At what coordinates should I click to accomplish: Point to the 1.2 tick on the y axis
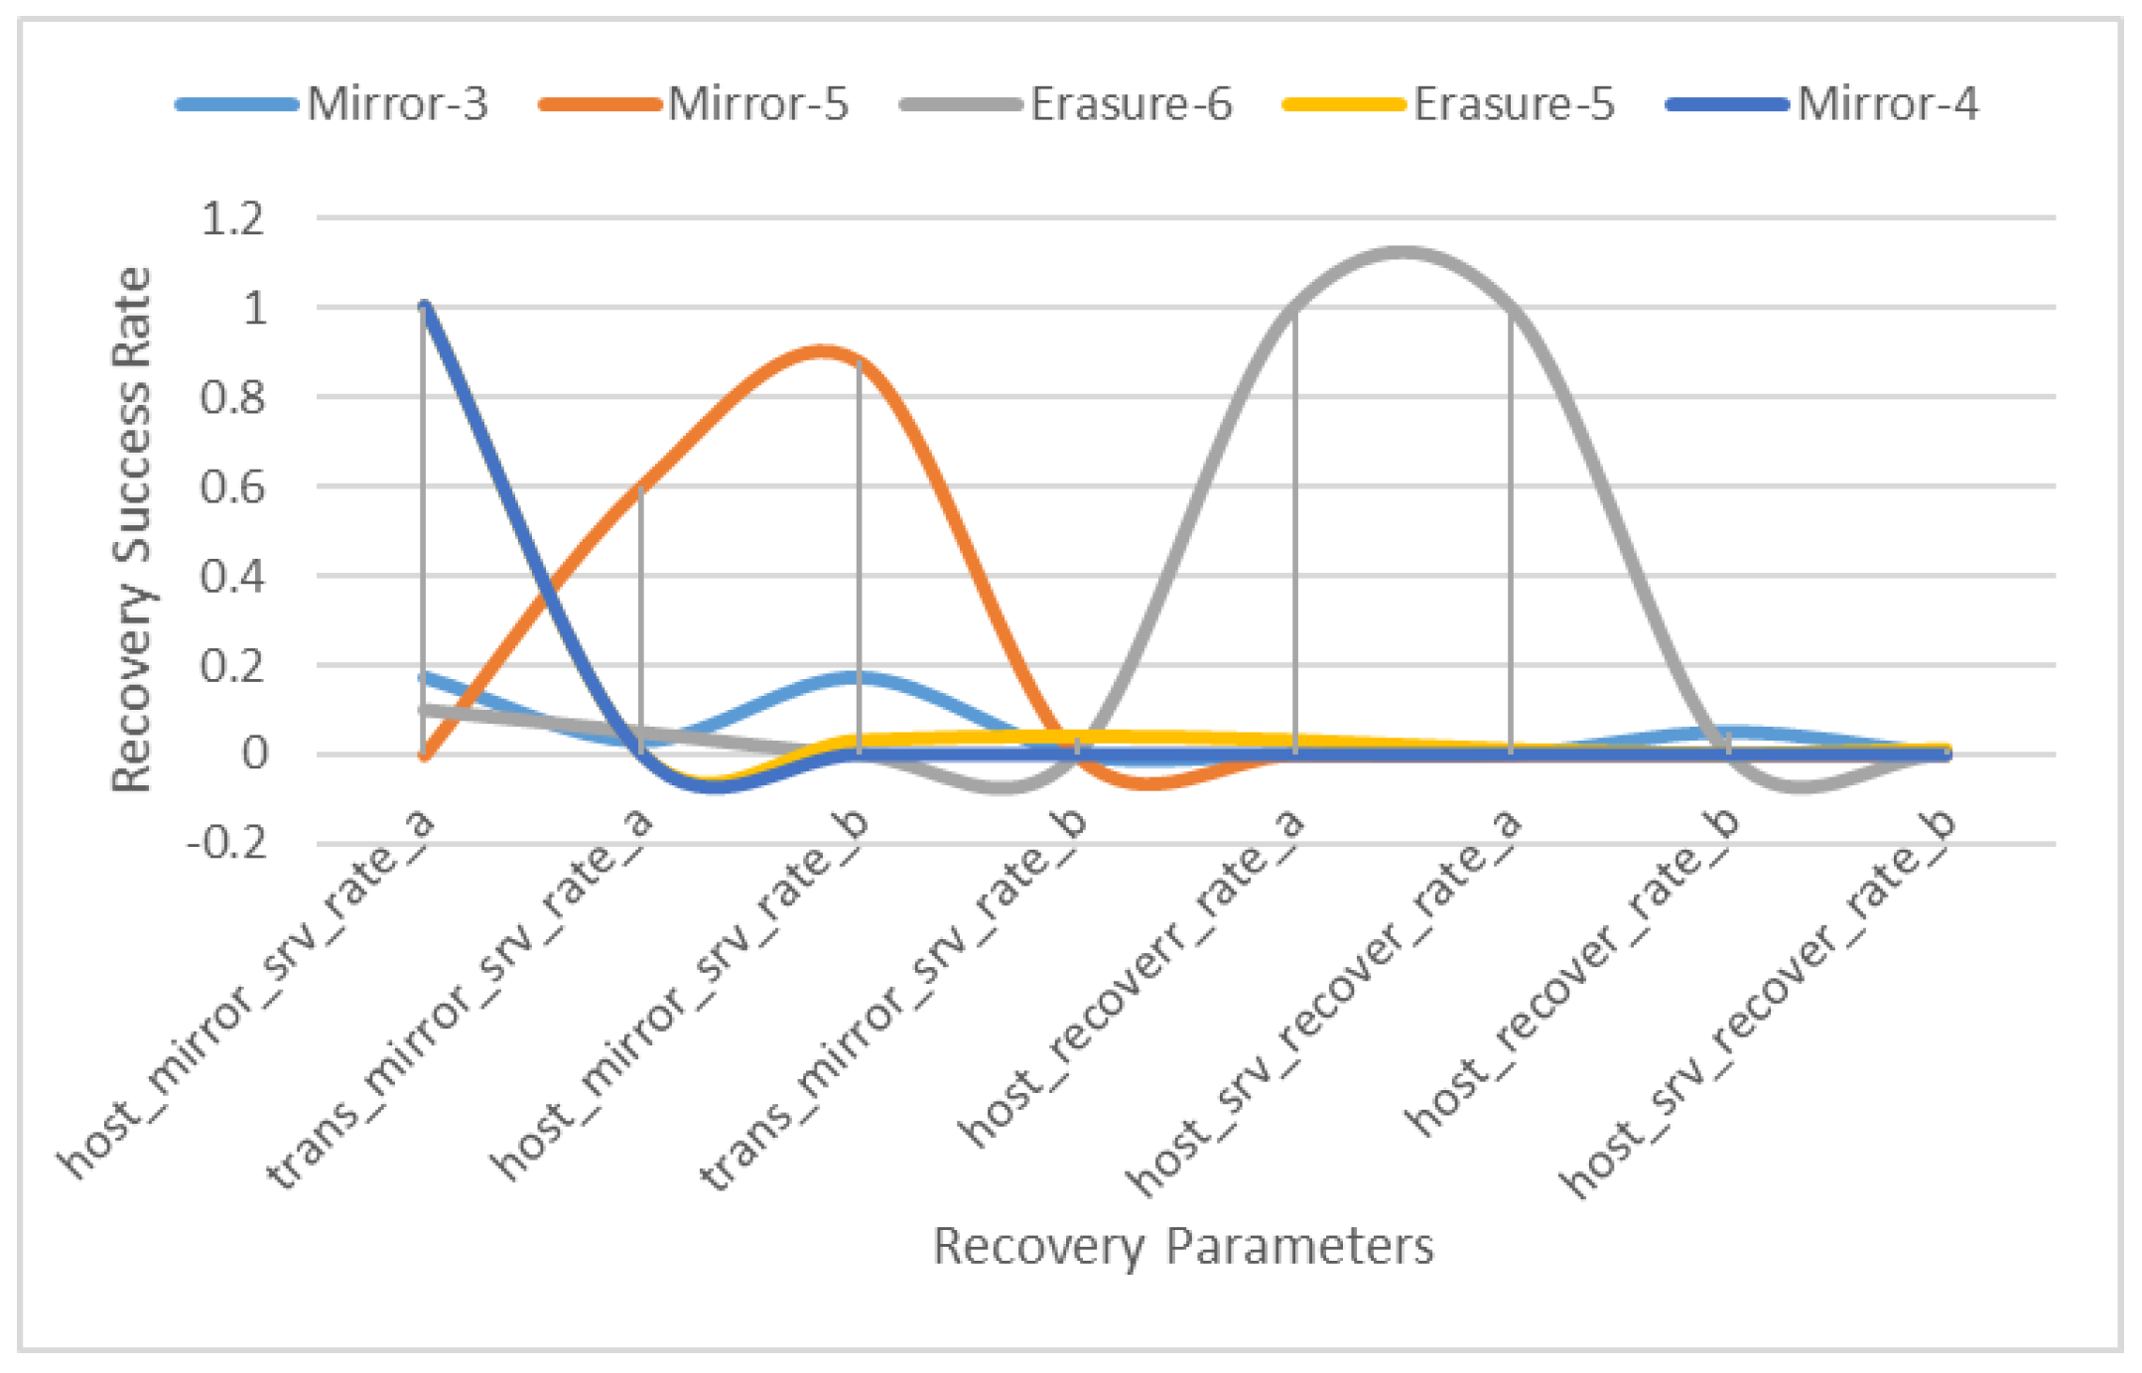point(233,218)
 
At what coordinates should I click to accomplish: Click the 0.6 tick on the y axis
point(233,486)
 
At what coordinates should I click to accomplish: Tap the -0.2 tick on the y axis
point(227,844)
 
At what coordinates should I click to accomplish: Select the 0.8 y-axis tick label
point(233,397)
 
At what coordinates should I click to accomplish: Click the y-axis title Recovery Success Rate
point(132,529)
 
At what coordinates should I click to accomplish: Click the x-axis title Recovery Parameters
point(1183,1246)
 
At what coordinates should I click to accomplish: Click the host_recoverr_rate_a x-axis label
point(1132,978)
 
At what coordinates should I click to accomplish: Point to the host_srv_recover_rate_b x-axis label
point(1758,1003)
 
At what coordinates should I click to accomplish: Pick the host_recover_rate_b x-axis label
point(1572,973)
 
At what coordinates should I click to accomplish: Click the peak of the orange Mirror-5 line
point(822,350)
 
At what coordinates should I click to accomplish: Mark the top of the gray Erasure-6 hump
point(1403,252)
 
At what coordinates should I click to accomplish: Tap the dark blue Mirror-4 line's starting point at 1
point(425,307)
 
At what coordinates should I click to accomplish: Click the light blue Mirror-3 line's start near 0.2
point(425,678)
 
